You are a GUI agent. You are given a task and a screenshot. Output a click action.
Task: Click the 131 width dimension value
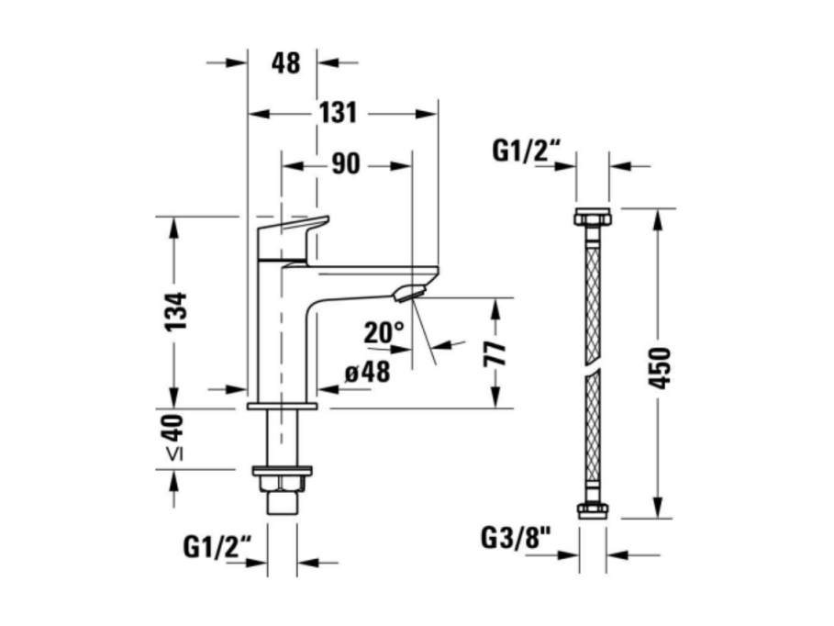338,113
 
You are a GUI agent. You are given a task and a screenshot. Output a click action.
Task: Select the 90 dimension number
346,164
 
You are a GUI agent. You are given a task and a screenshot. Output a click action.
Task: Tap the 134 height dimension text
175,311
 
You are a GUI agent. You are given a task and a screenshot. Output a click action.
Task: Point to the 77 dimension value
495,353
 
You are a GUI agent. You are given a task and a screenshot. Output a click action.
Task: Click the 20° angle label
384,332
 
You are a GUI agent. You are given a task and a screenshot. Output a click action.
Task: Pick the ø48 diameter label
368,372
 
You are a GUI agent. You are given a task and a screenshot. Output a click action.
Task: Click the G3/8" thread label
516,538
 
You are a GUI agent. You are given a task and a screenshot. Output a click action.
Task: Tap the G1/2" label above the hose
527,151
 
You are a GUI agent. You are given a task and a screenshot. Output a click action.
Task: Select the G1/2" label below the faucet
217,547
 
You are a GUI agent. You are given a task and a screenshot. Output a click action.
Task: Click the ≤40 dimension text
174,437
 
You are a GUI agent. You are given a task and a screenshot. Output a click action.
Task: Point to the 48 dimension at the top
285,62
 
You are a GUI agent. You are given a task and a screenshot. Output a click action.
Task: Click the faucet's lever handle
292,238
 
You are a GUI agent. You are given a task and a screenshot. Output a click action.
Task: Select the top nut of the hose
592,218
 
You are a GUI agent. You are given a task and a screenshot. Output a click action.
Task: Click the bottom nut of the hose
592,509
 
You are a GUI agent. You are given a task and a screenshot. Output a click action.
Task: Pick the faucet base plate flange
282,407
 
